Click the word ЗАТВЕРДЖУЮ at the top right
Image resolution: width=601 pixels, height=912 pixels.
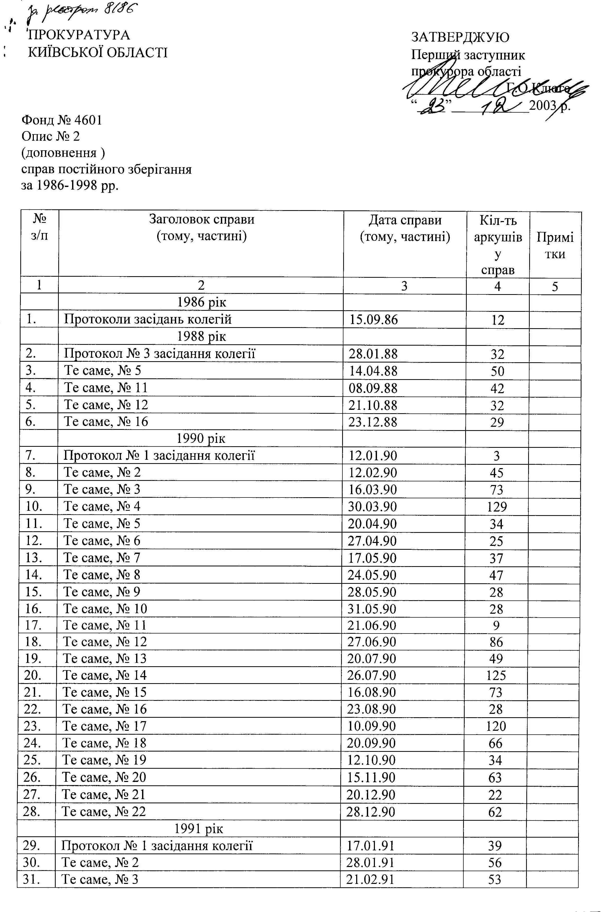460,37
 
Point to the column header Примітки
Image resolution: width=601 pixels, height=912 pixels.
555,245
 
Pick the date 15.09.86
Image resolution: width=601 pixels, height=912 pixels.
374,320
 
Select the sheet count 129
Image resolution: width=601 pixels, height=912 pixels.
497,507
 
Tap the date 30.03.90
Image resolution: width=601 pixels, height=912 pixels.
373,507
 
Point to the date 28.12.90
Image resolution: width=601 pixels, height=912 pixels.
371,812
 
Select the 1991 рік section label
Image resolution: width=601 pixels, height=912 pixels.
199,829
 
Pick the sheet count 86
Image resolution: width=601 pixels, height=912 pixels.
496,642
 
